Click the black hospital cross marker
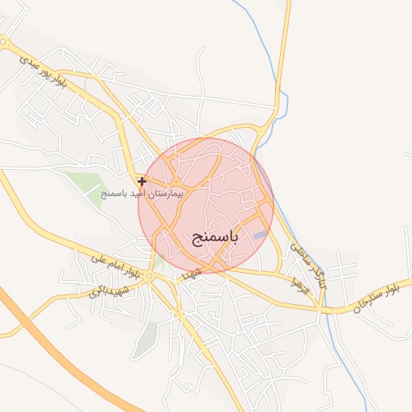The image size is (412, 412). click(142, 182)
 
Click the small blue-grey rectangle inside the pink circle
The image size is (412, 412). click(259, 235)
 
